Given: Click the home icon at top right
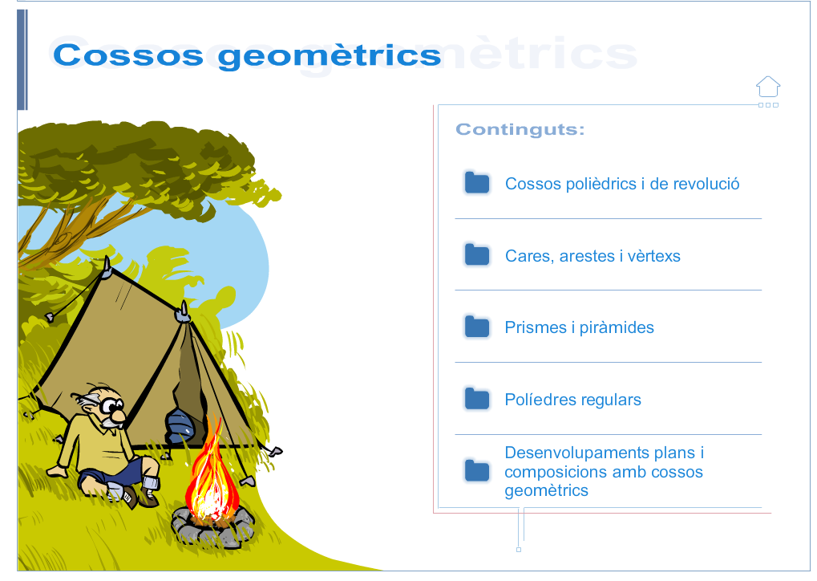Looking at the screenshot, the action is click(x=768, y=87).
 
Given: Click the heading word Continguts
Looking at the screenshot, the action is click(x=520, y=129).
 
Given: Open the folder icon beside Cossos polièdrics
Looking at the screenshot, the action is click(x=477, y=182).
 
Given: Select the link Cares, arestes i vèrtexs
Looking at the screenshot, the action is click(x=593, y=256).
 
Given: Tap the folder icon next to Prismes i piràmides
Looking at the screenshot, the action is click(x=477, y=327).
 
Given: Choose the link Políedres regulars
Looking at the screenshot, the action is click(x=572, y=400).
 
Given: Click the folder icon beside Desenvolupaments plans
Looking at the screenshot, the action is click(x=477, y=470).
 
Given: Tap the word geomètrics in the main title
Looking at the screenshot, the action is click(x=330, y=56).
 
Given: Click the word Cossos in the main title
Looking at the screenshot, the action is click(x=128, y=55).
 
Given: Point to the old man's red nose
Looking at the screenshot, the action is click(x=119, y=416).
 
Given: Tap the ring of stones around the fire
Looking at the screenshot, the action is click(x=213, y=526).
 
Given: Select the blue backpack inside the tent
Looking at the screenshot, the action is click(x=180, y=426).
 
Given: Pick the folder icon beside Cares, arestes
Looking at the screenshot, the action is click(x=477, y=254).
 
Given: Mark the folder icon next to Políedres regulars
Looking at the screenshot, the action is click(x=477, y=399).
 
